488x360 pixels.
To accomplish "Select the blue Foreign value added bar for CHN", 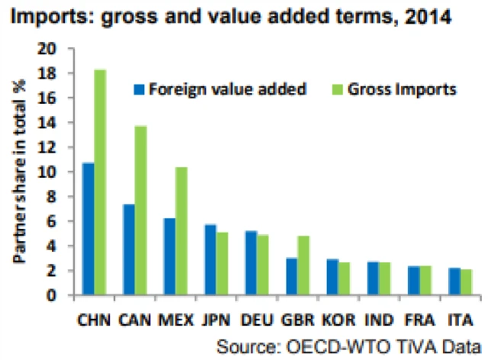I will pyautogui.click(x=88, y=229).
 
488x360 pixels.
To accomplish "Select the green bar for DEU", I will pyautogui.click(x=262, y=265).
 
